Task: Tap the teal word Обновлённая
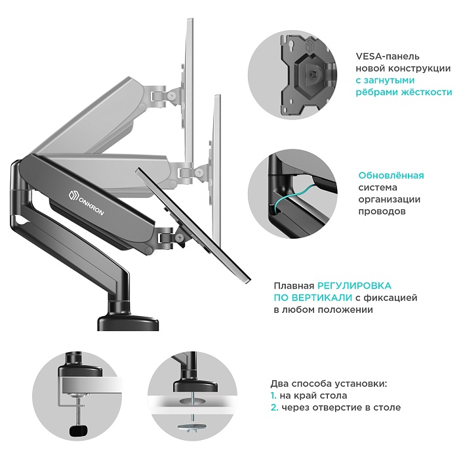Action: click(x=391, y=175)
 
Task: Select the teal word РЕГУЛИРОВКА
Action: click(x=355, y=286)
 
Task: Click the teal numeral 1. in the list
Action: click(x=273, y=395)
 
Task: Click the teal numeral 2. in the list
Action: click(x=274, y=407)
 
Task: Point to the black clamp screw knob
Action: click(x=77, y=431)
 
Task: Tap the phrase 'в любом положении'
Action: click(x=323, y=309)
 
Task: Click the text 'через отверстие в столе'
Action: click(x=341, y=407)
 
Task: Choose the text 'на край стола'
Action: click(x=314, y=395)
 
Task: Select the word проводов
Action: click(x=382, y=211)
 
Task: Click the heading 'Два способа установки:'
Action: click(x=329, y=384)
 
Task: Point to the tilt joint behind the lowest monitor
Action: click(x=169, y=235)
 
